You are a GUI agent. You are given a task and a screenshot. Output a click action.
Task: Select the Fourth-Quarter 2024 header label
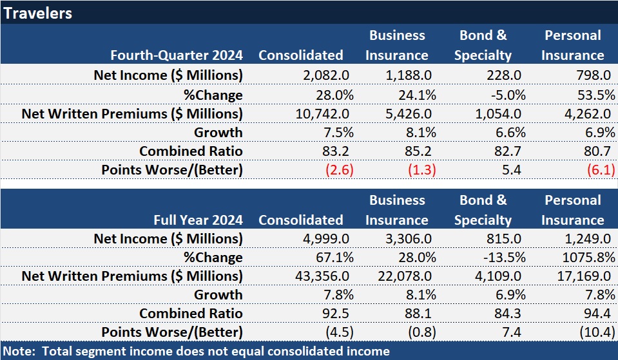(x=177, y=55)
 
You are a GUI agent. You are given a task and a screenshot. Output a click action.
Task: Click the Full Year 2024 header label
(x=198, y=220)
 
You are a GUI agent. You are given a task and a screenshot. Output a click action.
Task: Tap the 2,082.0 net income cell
(x=326, y=75)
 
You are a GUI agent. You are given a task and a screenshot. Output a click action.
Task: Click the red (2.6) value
(x=336, y=170)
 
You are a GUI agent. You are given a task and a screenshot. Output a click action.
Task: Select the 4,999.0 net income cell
(x=326, y=239)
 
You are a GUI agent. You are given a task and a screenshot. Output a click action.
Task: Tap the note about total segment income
(x=196, y=351)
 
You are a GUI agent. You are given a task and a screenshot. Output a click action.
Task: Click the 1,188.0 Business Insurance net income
(x=410, y=75)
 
